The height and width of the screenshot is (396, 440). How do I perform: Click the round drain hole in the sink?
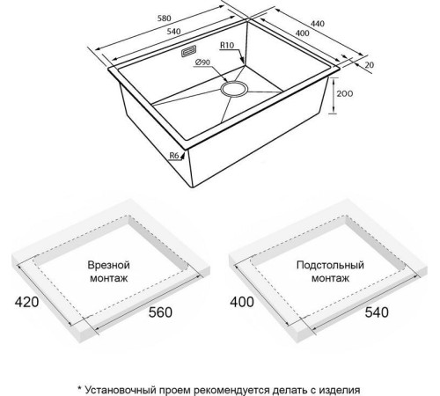pos(235,89)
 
